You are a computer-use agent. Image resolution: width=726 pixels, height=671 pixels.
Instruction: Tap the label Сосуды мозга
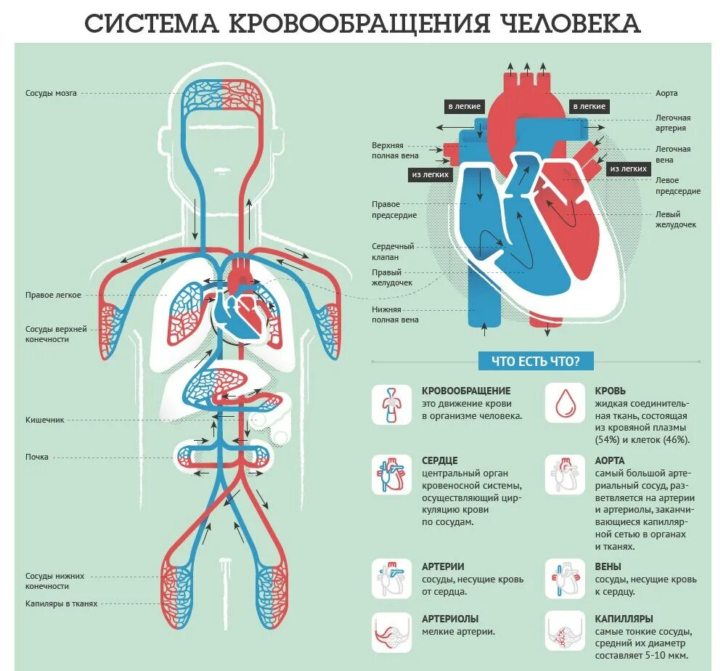click(x=51, y=94)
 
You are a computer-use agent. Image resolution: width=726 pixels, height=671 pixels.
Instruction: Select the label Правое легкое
click(x=53, y=295)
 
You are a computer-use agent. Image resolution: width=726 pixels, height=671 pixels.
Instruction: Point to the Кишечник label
click(x=46, y=420)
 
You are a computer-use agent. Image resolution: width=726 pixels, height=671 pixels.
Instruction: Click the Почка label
click(x=36, y=457)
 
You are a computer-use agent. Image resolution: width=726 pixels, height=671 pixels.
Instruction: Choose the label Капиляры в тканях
click(x=61, y=603)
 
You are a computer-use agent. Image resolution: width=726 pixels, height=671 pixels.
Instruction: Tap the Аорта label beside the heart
click(x=666, y=94)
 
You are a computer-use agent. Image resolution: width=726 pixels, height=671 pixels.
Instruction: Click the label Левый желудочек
click(x=676, y=219)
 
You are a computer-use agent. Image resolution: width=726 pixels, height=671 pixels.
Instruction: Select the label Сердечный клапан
click(x=393, y=251)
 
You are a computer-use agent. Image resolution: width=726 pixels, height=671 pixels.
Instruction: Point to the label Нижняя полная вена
click(x=395, y=314)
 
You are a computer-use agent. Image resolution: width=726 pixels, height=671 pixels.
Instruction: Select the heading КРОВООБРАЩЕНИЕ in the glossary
click(x=466, y=391)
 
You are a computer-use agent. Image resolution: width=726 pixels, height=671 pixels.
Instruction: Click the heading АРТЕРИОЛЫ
click(x=450, y=619)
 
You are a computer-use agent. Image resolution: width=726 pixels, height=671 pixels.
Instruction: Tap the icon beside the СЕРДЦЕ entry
click(x=391, y=474)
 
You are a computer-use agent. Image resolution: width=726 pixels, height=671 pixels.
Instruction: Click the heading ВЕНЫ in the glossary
click(x=608, y=566)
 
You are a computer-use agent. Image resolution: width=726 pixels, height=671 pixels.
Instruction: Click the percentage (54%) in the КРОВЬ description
click(x=608, y=440)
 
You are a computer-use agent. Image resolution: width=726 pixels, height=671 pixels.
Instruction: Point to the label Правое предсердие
click(x=394, y=210)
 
